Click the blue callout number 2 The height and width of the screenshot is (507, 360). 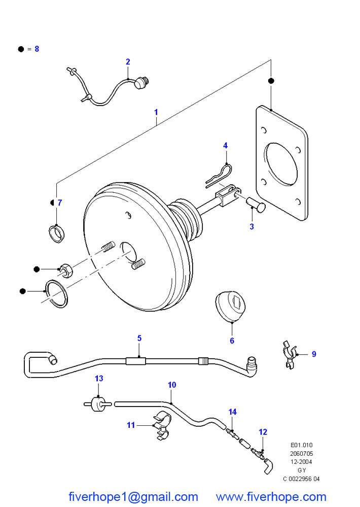click(x=128, y=62)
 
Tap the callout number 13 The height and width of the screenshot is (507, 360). click(x=99, y=378)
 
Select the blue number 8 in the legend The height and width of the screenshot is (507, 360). click(x=37, y=49)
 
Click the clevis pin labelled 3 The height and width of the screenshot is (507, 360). click(x=256, y=205)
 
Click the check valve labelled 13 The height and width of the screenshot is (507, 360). click(x=97, y=404)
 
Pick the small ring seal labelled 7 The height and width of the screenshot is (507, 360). click(x=57, y=233)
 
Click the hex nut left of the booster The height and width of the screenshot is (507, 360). click(x=66, y=271)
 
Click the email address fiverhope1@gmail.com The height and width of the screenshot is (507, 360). click(x=133, y=497)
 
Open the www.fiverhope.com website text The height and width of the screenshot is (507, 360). click(x=271, y=497)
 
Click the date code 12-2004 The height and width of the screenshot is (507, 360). click(x=301, y=462)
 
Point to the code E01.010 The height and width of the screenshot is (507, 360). click(x=302, y=445)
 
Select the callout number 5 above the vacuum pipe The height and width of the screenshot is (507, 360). click(x=139, y=338)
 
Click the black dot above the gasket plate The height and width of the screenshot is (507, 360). click(x=271, y=81)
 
